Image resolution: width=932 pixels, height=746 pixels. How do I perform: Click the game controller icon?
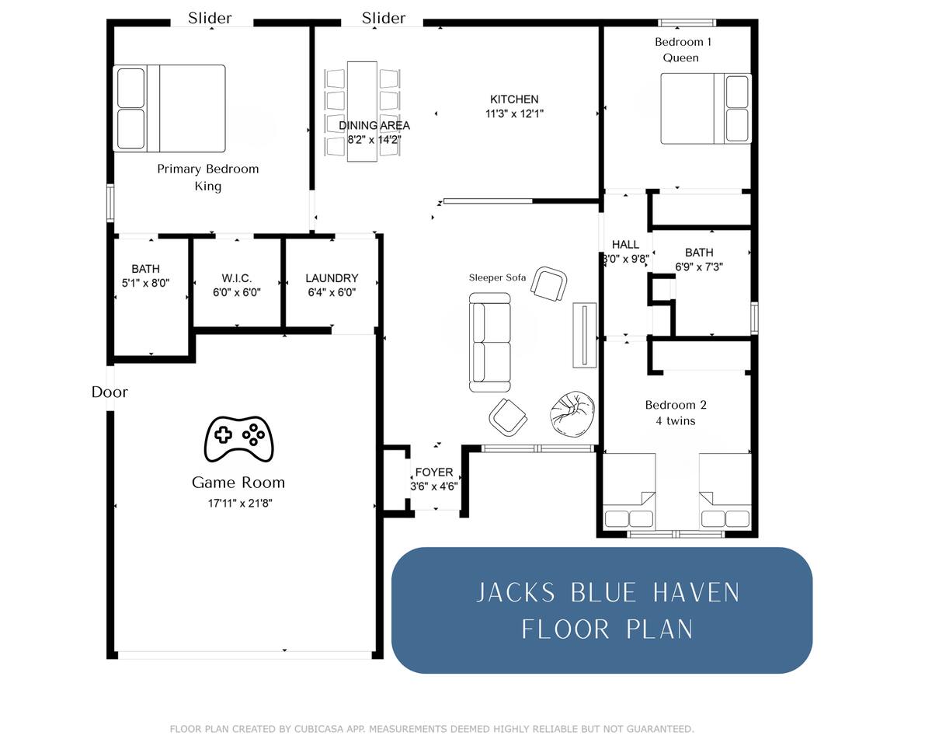click(238, 439)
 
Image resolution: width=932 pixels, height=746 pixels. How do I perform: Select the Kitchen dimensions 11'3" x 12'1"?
click(514, 114)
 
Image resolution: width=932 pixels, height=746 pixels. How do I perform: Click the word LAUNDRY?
click(332, 278)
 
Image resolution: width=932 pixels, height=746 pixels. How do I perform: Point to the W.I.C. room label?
click(236, 278)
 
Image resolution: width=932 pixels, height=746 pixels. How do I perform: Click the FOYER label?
click(434, 472)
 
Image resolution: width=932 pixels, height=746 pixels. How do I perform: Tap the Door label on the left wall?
click(110, 392)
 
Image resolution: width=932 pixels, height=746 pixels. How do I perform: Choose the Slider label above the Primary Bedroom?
click(210, 18)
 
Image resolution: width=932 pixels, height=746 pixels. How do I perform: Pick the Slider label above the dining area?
click(384, 18)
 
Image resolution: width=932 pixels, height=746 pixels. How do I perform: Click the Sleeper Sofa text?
click(497, 277)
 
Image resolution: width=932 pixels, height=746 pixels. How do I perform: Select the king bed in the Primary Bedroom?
click(169, 108)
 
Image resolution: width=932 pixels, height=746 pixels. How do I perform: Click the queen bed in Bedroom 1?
click(706, 109)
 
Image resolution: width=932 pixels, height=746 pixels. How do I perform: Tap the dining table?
click(362, 112)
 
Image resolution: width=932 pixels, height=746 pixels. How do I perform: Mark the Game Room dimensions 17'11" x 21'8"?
click(240, 504)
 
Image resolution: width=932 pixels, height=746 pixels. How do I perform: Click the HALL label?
click(625, 245)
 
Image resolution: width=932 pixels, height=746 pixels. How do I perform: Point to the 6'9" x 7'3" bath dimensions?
click(699, 267)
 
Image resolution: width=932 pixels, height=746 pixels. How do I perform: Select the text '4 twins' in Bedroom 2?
click(676, 421)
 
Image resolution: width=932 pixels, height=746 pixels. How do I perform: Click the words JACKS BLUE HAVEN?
click(608, 593)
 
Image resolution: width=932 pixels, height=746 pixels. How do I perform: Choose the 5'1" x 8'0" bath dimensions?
click(145, 284)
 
